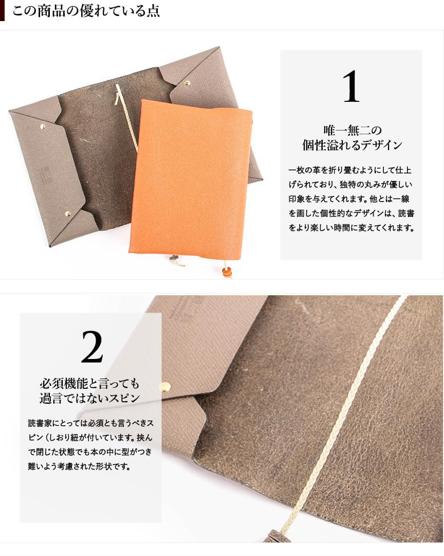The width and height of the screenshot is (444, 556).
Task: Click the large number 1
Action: [351, 86]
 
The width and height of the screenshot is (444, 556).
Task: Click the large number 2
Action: [92, 347]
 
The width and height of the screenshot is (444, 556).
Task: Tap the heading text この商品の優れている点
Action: [86, 11]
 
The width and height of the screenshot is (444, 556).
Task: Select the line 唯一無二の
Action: [352, 131]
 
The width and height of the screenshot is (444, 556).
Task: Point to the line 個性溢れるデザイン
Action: [352, 145]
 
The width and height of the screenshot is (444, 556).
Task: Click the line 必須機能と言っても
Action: [89, 383]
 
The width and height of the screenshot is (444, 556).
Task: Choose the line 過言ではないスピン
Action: [89, 398]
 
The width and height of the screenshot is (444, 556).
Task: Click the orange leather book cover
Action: [191, 179]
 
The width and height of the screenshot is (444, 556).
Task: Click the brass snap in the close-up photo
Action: [165, 387]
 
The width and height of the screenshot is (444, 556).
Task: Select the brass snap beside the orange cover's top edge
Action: [187, 84]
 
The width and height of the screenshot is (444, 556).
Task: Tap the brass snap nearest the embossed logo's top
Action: [43, 126]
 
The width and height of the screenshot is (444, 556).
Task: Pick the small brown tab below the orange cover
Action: [174, 261]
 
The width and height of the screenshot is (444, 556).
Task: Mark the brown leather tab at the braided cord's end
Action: [277, 535]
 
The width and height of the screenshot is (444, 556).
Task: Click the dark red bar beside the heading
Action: [2, 11]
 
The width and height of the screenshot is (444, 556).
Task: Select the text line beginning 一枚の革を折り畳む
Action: [350, 170]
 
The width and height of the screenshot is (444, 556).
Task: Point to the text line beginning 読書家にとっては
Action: [91, 423]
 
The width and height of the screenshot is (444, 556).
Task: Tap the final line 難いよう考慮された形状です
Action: [79, 467]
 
